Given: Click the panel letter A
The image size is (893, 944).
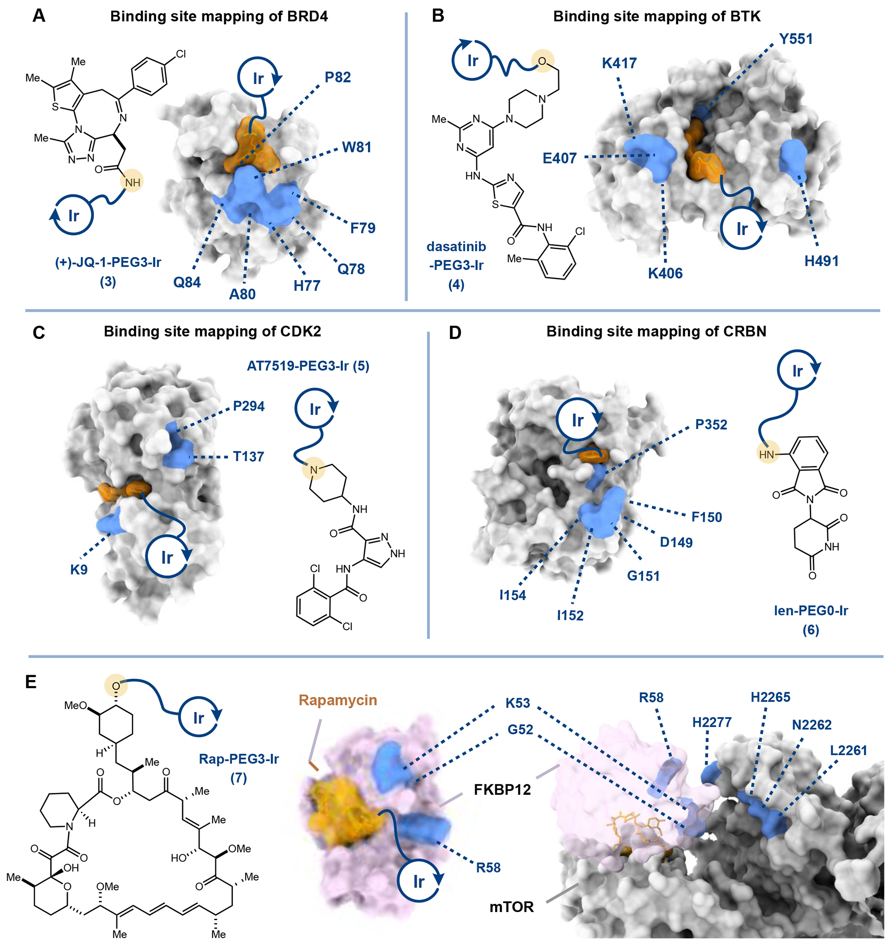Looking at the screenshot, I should (39, 16).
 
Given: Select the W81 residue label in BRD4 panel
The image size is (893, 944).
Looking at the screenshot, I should (357, 147).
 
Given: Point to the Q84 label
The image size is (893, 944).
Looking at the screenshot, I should (187, 282).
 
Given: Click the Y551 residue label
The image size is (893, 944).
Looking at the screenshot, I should (795, 39).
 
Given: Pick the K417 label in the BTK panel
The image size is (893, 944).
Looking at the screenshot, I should (619, 63).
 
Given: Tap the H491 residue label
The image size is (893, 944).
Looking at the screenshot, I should (821, 261).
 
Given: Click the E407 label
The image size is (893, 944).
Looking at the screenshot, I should (559, 158).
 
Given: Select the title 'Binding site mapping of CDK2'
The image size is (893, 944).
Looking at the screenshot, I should (212, 331).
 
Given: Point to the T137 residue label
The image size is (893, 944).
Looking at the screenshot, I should (249, 457).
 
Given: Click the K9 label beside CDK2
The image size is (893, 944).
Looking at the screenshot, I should (79, 570).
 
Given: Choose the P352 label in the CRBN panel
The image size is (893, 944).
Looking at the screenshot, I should (711, 424).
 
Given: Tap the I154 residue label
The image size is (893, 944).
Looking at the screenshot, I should (512, 595).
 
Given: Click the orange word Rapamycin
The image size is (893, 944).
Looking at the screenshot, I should (338, 700).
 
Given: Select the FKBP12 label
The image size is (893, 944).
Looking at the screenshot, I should (502, 790).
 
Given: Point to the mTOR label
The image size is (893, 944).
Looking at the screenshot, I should (511, 907).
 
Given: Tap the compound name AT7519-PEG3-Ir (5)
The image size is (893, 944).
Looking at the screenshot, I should (308, 366).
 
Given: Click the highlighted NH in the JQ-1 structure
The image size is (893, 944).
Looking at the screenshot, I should (132, 182).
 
